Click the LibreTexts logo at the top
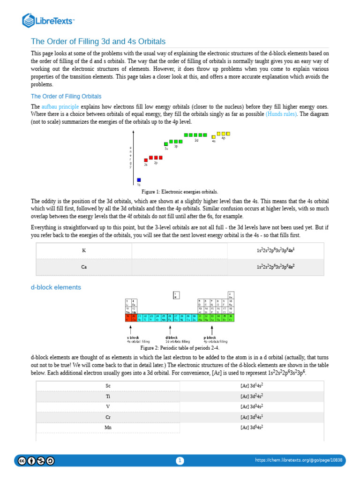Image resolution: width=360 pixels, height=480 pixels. pyautogui.click(x=49, y=20)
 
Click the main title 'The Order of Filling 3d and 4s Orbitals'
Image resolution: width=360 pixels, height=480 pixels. pyautogui.click(x=98, y=41)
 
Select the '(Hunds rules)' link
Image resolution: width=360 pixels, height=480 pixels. pyautogui.click(x=281, y=114)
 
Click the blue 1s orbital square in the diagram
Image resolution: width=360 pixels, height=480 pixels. pyautogui.click(x=139, y=180)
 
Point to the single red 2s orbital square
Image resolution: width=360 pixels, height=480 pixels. pyautogui.click(x=146, y=160)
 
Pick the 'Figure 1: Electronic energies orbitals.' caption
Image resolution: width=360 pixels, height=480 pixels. pyautogui.click(x=180, y=192)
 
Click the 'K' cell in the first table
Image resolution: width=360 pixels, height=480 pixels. pyautogui.click(x=84, y=250)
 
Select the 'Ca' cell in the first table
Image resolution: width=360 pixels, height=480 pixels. pyautogui.click(x=84, y=267)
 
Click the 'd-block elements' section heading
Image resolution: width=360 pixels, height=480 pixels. pyautogui.click(x=56, y=287)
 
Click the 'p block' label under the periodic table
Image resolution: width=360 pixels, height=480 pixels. pyautogui.click(x=210, y=337)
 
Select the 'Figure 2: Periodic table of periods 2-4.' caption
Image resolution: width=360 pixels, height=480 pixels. pyautogui.click(x=180, y=348)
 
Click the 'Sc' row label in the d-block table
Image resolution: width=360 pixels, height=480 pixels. pyautogui.click(x=108, y=385)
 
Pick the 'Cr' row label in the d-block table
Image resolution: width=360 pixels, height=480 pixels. pyautogui.click(x=108, y=417)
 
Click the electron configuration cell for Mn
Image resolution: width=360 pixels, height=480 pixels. pyautogui.click(x=252, y=427)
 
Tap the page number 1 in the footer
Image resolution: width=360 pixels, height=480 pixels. pyautogui.click(x=180, y=461)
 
